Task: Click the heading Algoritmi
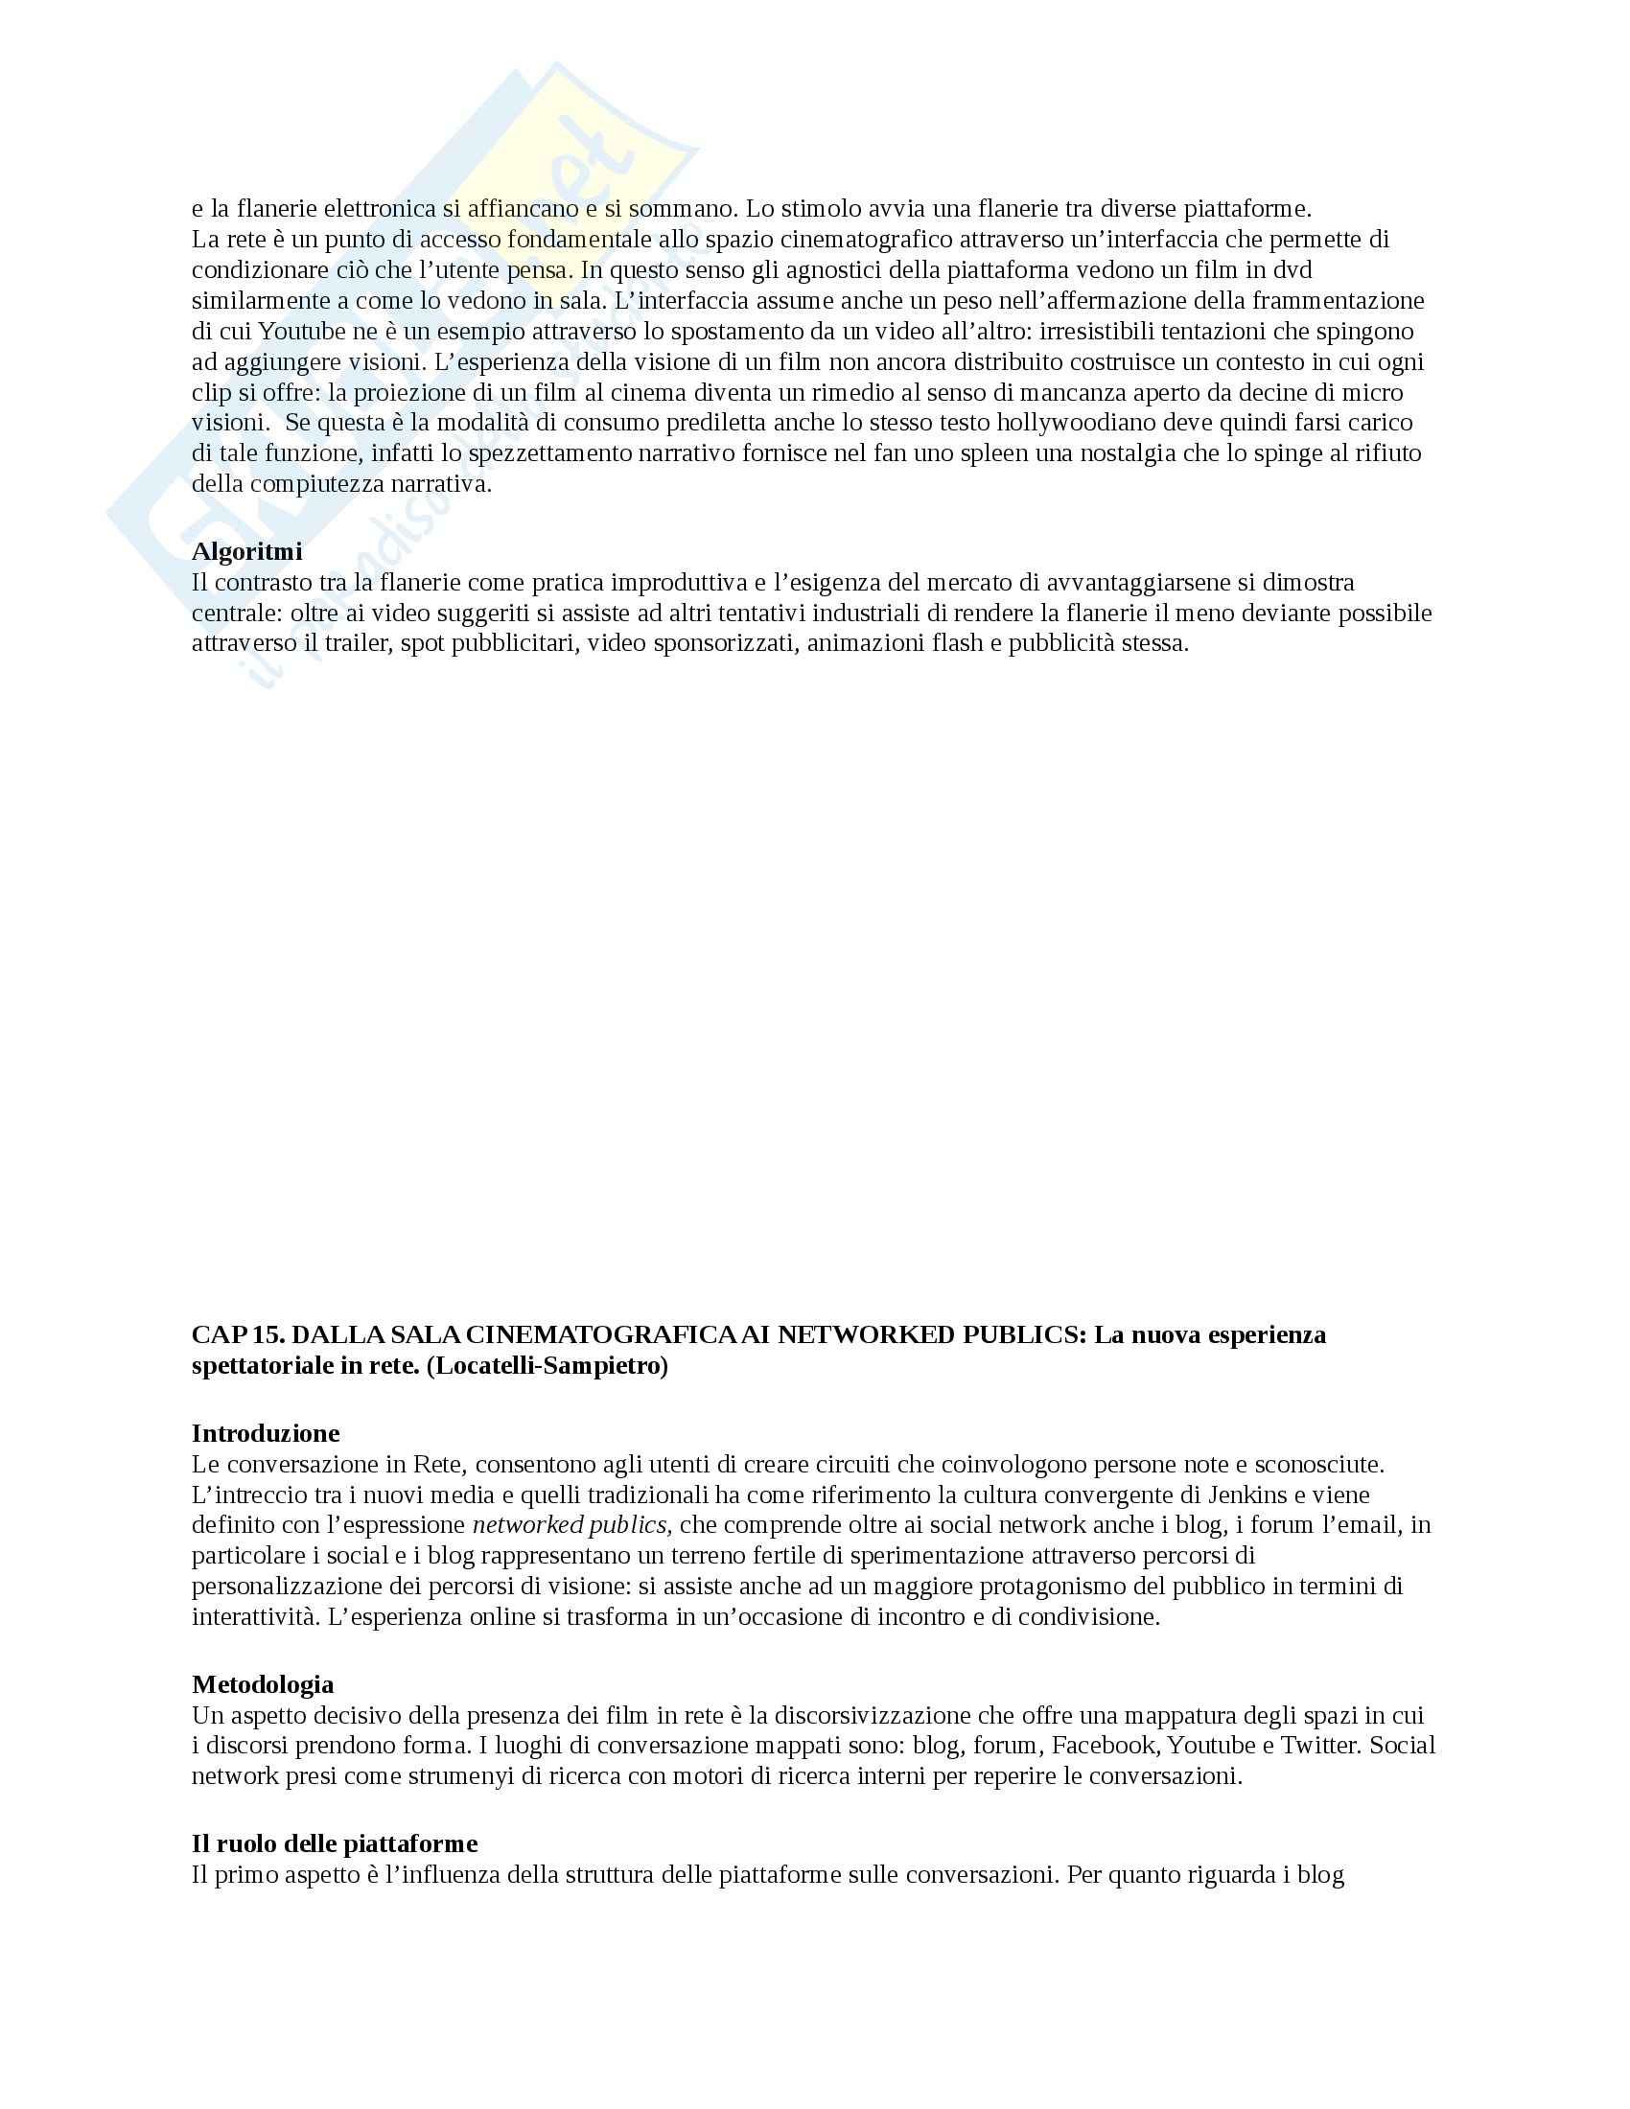(246, 551)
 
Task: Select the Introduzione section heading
(266, 1432)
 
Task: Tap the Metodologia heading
(263, 1684)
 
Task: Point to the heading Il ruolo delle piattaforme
(334, 1843)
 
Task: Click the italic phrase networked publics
(570, 1525)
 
